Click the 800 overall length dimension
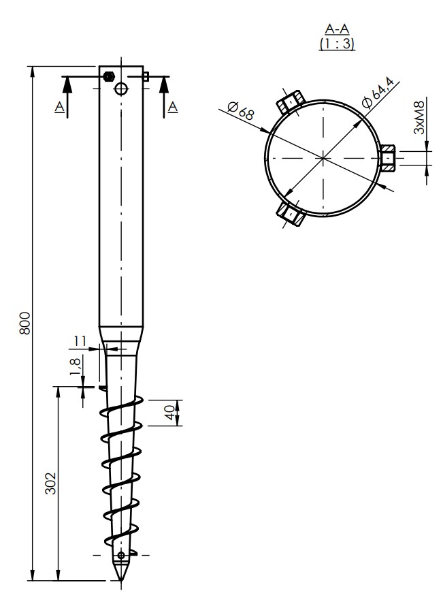pos(24,323)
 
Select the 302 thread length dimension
pos(51,483)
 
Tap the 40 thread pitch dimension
pos(170,413)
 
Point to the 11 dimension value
pos(80,341)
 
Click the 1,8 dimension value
pos(76,366)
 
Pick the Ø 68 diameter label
pos(241,111)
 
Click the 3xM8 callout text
pos(419,117)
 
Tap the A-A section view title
pos(337,29)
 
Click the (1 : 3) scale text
pos(337,44)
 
